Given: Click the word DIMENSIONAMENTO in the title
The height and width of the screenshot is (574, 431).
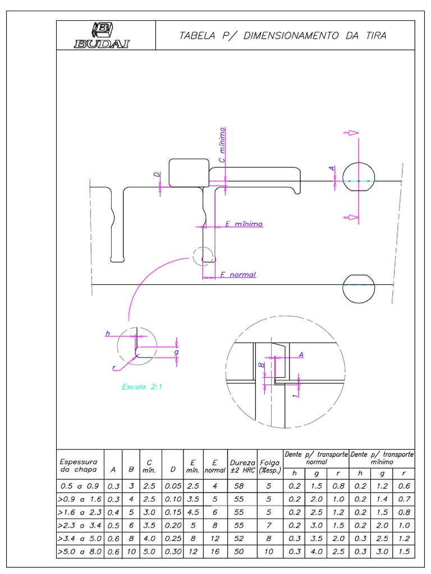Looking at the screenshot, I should [x=270, y=36].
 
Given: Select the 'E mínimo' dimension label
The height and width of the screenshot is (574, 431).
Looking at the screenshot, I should [x=244, y=224].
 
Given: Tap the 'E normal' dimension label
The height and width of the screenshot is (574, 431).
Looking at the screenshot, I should [x=238, y=275].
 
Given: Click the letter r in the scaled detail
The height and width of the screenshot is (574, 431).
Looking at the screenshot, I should [x=114, y=368].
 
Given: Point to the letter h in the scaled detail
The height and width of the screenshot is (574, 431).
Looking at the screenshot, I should [x=108, y=334].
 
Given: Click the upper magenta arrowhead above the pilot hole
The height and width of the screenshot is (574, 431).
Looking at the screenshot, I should [x=351, y=133].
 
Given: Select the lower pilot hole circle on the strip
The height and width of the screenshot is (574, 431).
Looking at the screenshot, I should [x=359, y=289].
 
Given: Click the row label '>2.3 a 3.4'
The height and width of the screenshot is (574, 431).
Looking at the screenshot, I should [x=80, y=526].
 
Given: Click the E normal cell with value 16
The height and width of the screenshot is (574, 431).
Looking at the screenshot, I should [x=215, y=553].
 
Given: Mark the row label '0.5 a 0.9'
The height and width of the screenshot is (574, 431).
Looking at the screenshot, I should [x=80, y=485].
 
